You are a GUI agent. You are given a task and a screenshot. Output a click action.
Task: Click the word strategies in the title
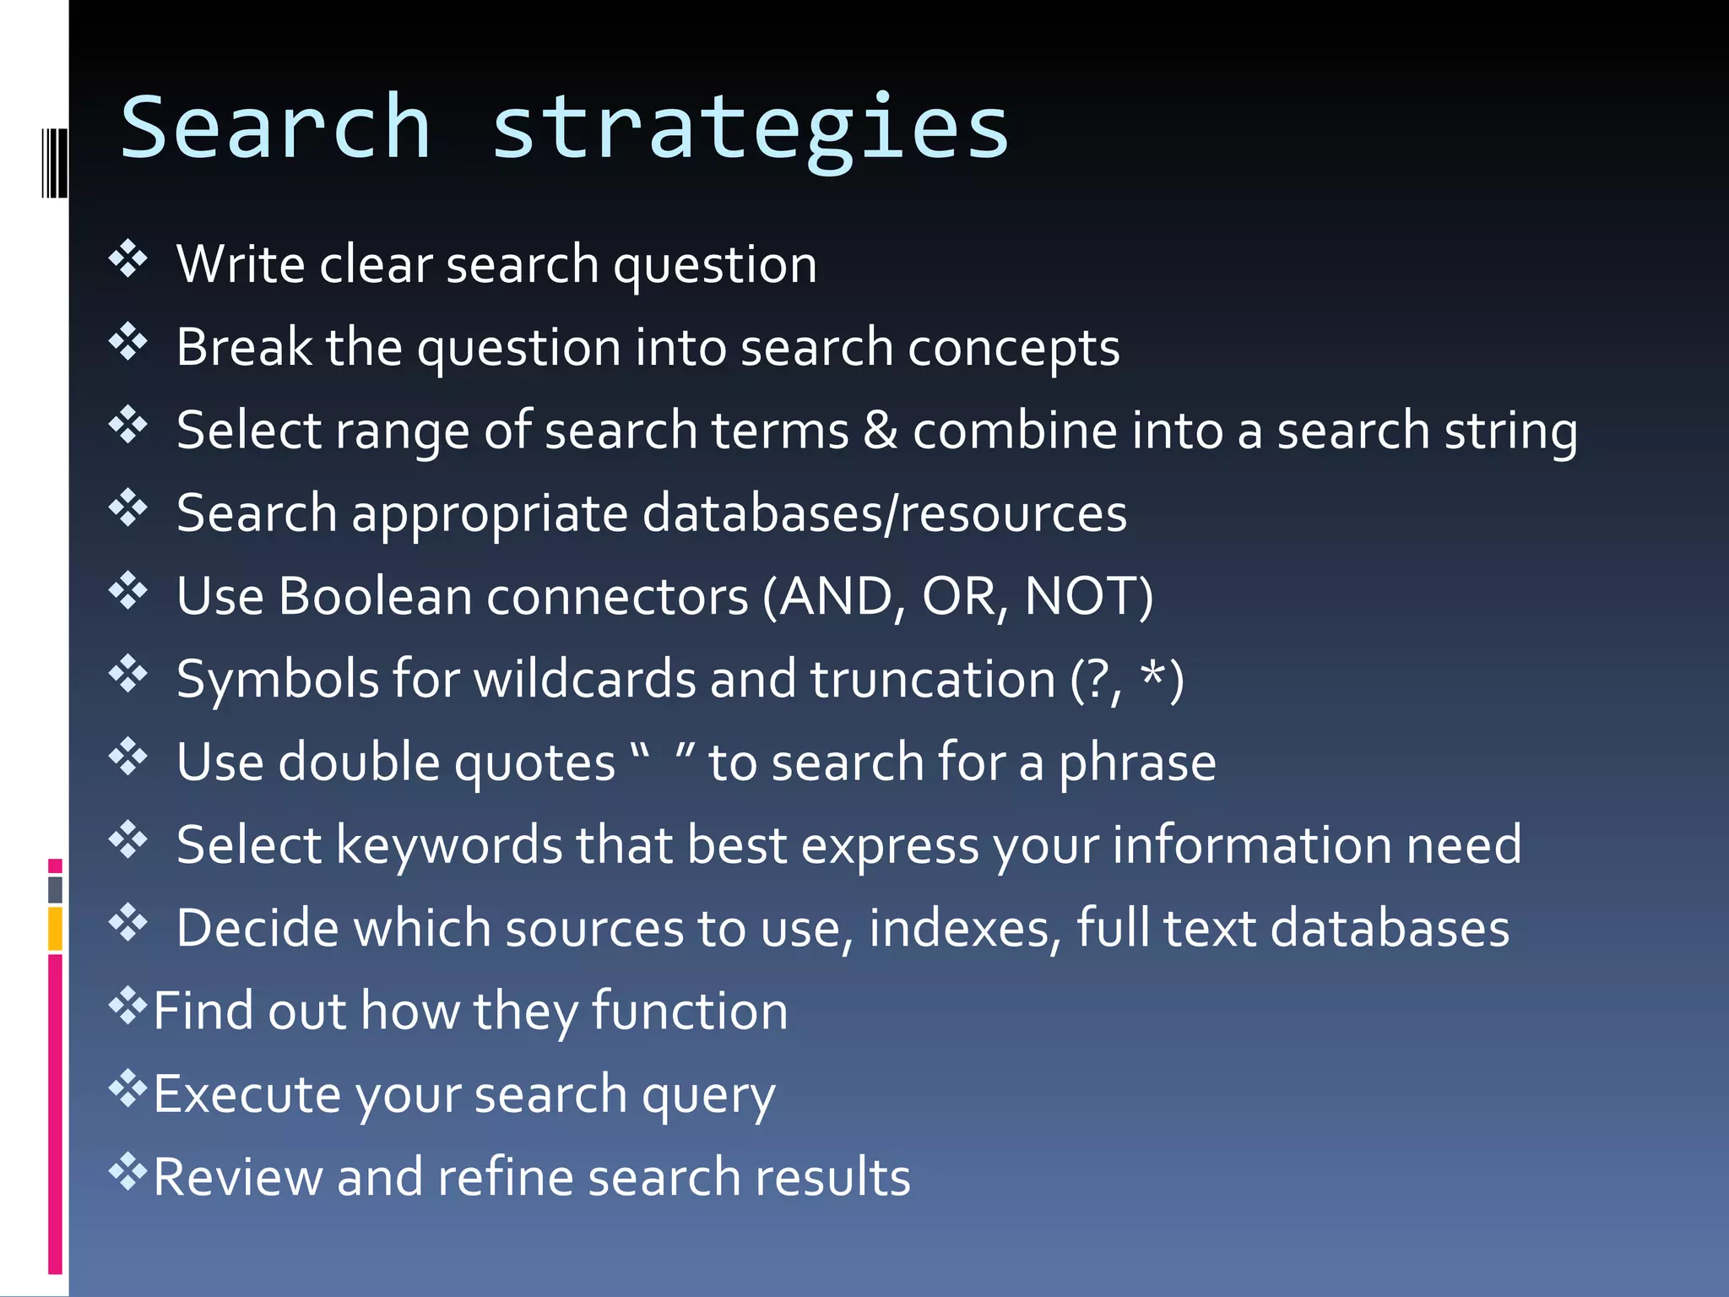tap(750, 128)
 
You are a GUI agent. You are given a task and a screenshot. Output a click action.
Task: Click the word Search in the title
tap(275, 128)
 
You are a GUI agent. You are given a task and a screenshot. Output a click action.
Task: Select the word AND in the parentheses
tap(836, 596)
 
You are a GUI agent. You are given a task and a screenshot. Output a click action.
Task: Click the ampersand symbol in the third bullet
tap(881, 430)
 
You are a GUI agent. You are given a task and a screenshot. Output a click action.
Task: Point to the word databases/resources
tap(884, 513)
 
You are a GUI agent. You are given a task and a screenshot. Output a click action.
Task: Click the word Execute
tap(247, 1094)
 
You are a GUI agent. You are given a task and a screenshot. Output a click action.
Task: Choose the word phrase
tap(1137, 763)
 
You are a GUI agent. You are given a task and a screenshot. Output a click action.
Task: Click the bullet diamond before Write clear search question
tap(128, 259)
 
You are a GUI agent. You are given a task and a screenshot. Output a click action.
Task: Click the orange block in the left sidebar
tap(55, 928)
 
